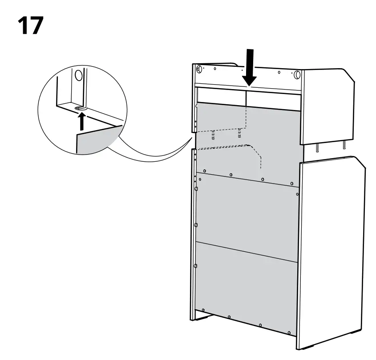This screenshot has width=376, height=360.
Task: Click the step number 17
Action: click(31, 26)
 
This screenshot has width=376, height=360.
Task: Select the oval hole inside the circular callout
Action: click(78, 74)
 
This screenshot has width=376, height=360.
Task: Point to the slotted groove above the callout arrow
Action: click(80, 107)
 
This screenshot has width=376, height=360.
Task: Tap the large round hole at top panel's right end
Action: click(297, 74)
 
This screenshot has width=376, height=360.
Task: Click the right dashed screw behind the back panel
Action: click(239, 133)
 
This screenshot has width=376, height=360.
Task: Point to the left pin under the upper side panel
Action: click(318, 147)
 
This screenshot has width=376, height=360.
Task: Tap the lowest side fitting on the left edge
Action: click(195, 266)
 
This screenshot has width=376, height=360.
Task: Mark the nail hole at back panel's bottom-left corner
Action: click(203, 310)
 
